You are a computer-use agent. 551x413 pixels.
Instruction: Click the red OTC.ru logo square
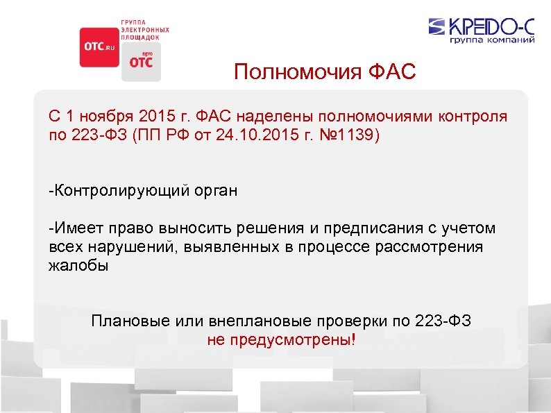[x=99, y=47]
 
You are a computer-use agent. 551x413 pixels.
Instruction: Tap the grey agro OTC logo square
[x=141, y=62]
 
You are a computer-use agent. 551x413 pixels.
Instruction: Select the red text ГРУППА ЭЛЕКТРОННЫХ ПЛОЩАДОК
[x=145, y=28]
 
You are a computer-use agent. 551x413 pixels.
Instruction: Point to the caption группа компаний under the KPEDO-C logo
[x=491, y=41]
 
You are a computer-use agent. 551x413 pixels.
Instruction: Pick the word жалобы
[x=78, y=266]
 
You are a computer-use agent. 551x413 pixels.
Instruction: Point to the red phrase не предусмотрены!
[x=281, y=340]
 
